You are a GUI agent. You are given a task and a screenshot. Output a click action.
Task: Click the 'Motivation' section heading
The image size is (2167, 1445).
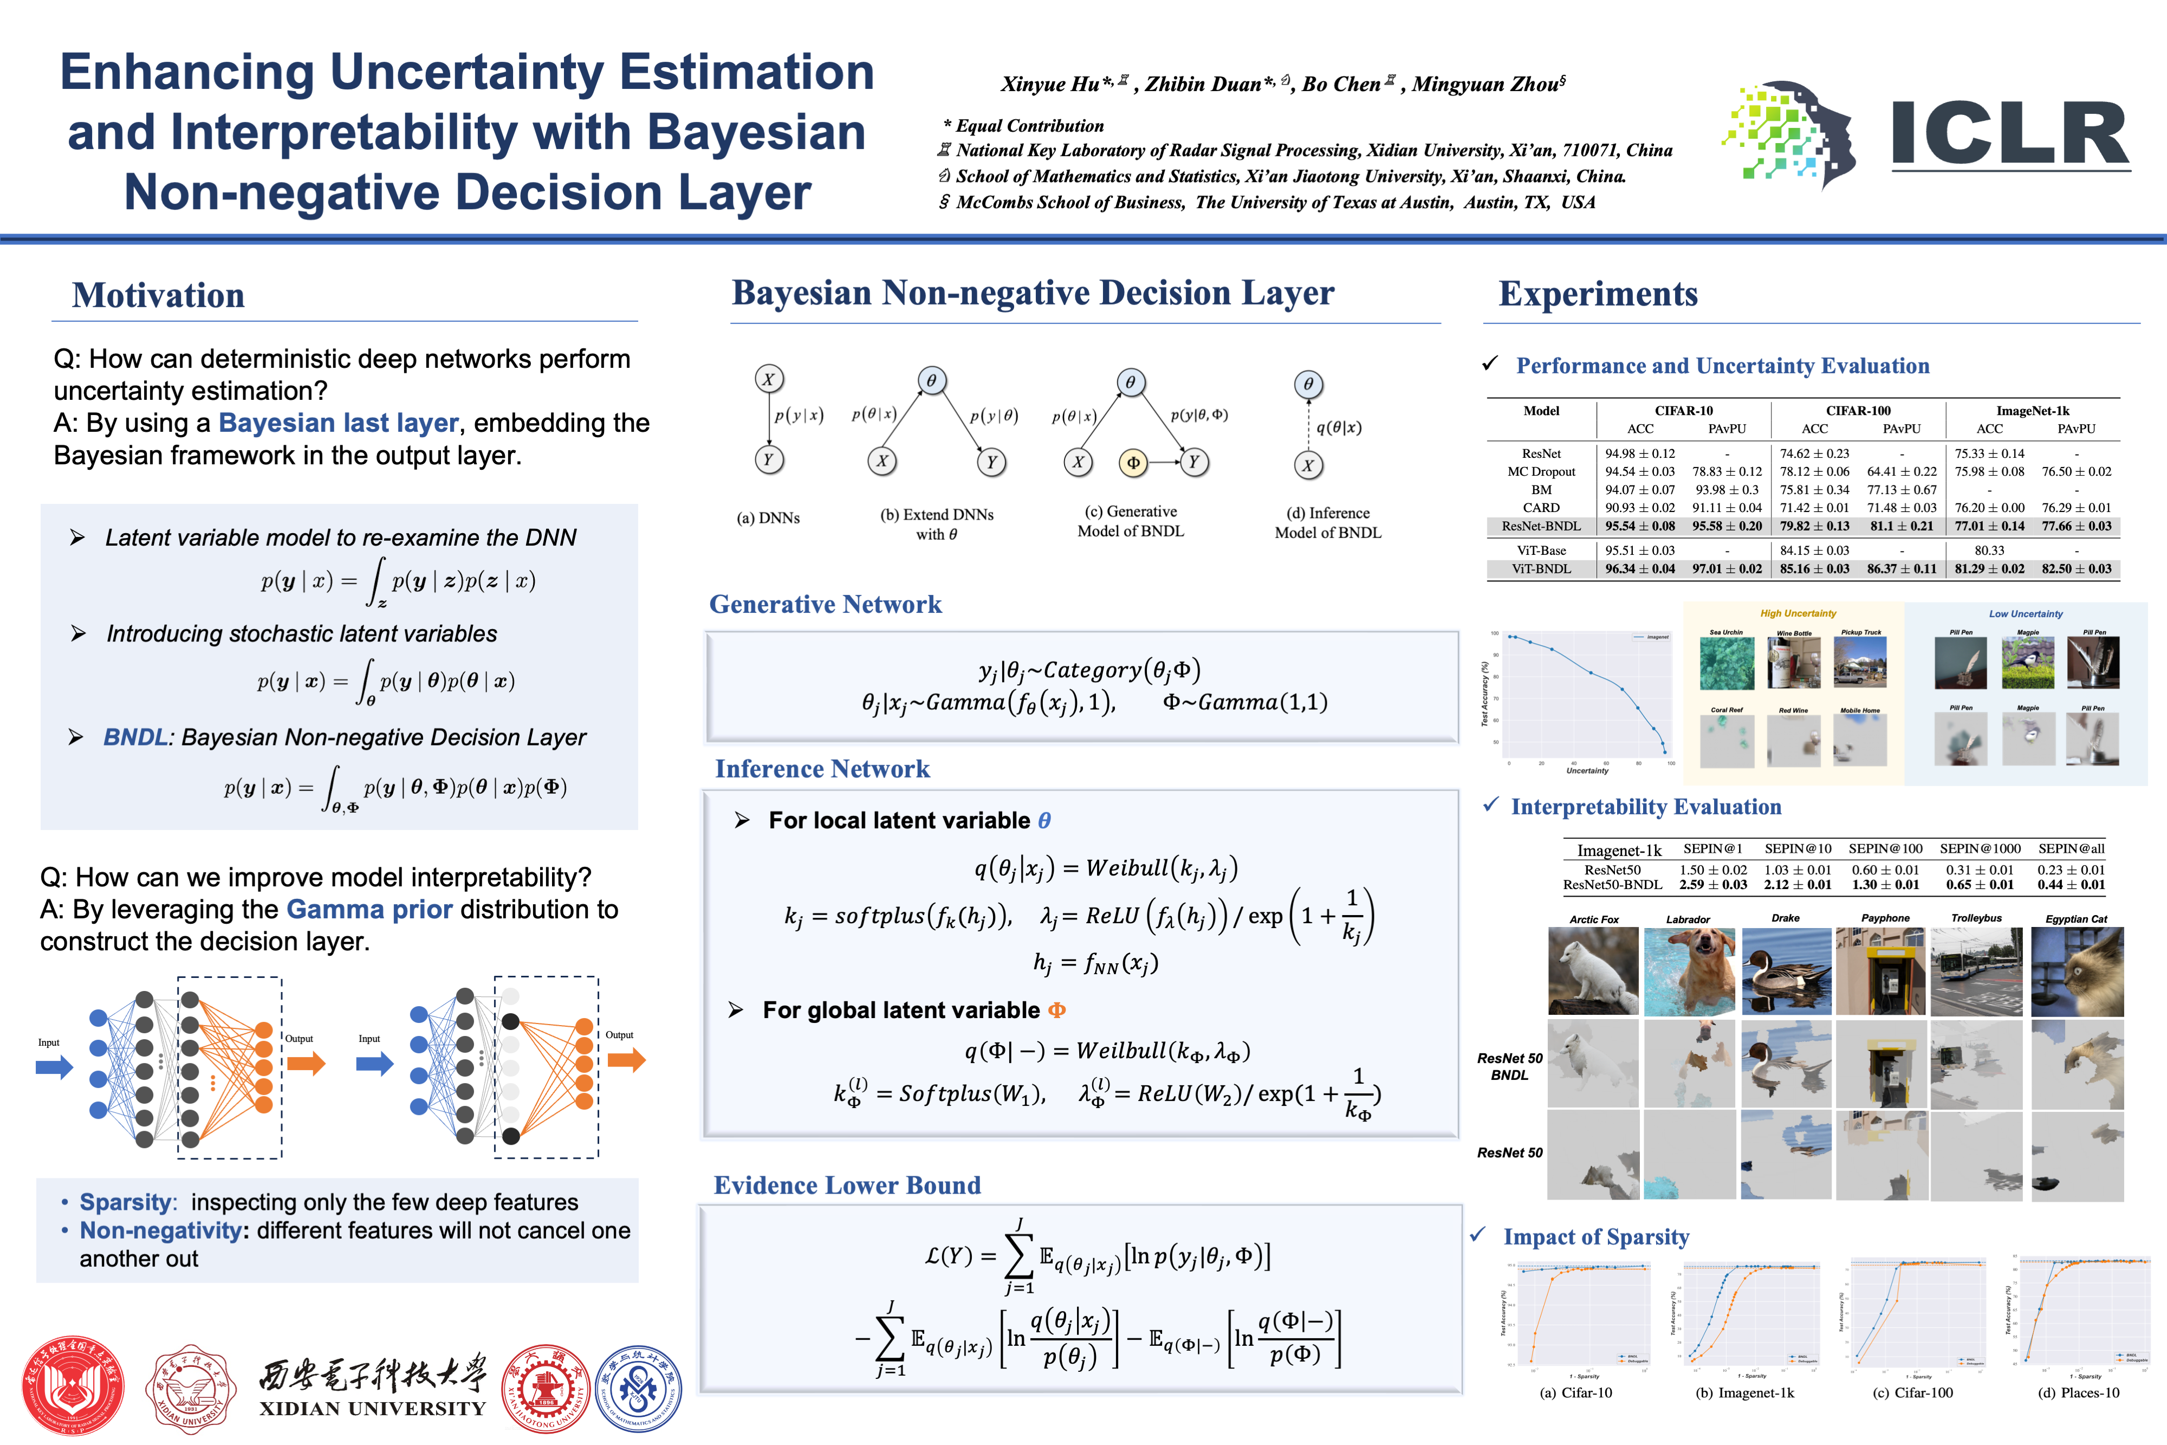pyautogui.click(x=159, y=296)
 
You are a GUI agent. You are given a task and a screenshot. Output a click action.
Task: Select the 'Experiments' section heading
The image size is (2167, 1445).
pyautogui.click(x=1598, y=294)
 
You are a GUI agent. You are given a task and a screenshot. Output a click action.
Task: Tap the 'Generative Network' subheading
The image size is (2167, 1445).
pyautogui.click(x=826, y=605)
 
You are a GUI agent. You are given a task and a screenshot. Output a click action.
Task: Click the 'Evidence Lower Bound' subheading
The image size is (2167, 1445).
pyautogui.click(x=847, y=1185)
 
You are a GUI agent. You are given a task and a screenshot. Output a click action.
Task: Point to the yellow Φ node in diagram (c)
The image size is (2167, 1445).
pyautogui.click(x=1133, y=463)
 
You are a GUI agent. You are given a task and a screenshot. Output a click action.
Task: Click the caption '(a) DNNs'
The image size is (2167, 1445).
pyautogui.click(x=768, y=518)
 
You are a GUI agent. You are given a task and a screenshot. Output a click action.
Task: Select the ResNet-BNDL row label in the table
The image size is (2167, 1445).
pyautogui.click(x=1541, y=526)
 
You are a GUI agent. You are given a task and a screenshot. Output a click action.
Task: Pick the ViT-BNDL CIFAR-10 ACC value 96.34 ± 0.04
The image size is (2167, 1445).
pyautogui.click(x=1640, y=568)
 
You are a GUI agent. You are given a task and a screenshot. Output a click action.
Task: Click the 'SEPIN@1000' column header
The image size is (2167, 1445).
pyautogui.click(x=1980, y=849)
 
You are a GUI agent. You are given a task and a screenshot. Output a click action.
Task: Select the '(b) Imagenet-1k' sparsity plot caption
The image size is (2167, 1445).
pyautogui.click(x=1744, y=1392)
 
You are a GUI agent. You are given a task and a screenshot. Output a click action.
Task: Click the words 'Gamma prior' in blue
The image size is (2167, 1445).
pyautogui.click(x=369, y=910)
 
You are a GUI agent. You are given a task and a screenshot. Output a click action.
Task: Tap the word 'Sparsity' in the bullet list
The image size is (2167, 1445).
pyautogui.click(x=125, y=1203)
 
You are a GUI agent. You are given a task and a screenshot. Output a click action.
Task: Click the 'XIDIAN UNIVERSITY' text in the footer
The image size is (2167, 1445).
pyautogui.click(x=372, y=1408)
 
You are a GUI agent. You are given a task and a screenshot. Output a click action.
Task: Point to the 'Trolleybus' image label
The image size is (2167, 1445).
pyautogui.click(x=1976, y=918)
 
